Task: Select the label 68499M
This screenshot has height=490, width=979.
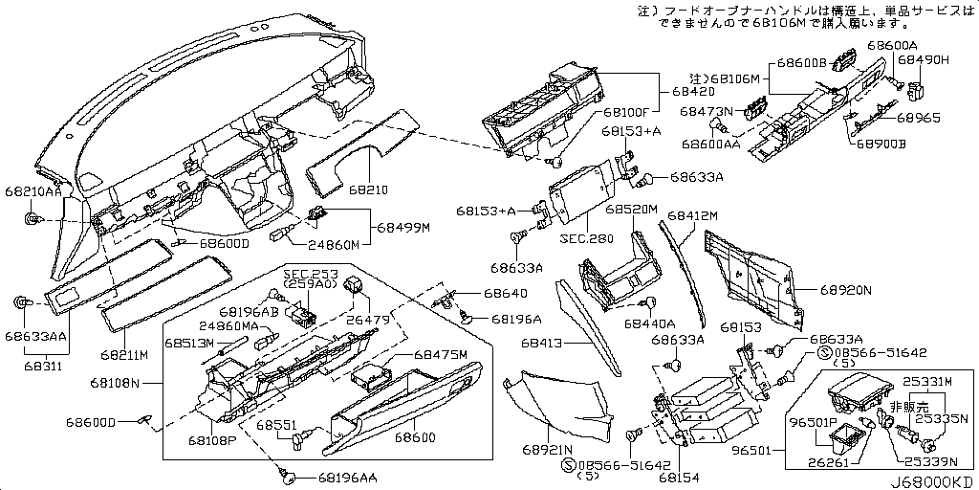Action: [403, 228]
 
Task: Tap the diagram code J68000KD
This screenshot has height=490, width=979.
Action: [931, 481]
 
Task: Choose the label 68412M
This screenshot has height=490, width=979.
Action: [692, 217]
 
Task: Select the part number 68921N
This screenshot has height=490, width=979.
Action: [547, 449]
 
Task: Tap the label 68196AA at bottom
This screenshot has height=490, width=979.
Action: [348, 477]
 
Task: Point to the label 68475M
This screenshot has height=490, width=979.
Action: [440, 355]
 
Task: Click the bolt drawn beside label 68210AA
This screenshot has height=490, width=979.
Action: [33, 220]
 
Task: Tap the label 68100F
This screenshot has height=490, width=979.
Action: [625, 111]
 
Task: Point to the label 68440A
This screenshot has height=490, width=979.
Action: [650, 323]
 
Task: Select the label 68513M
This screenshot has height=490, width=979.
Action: [188, 342]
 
